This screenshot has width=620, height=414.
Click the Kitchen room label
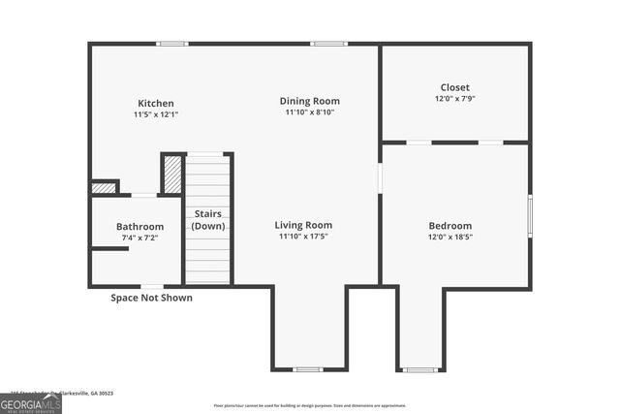(156, 103)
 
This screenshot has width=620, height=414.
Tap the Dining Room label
(310, 101)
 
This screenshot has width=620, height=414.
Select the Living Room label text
(303, 225)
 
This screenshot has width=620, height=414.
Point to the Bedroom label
(450, 226)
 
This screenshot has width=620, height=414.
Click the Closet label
(455, 87)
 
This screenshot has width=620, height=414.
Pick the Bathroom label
(140, 226)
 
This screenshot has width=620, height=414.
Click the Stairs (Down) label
(208, 219)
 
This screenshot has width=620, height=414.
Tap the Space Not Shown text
(151, 298)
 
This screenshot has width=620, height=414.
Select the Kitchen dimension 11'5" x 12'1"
(156, 114)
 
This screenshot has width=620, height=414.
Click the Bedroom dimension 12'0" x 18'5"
(450, 237)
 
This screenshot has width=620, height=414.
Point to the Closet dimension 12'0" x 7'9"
(455, 98)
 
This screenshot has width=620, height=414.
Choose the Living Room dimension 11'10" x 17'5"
(303, 236)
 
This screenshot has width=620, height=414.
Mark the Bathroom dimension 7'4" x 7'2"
(140, 237)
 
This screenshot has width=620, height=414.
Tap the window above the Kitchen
(172, 44)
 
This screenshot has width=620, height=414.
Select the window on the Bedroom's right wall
(530, 215)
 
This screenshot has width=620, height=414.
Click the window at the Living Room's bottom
(308, 369)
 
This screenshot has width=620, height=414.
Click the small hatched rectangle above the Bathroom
(103, 187)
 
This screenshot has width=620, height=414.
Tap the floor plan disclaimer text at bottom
(310, 405)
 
